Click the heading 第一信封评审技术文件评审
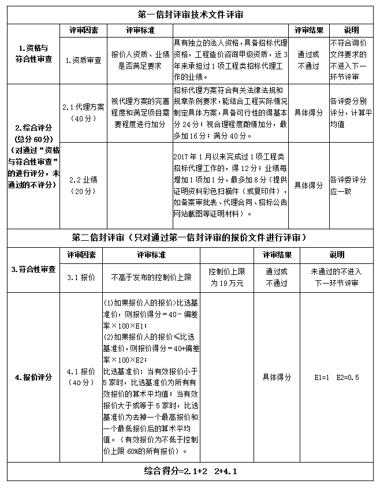coord(190,14)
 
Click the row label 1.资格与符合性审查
coord(32,54)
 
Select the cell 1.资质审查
coord(83,59)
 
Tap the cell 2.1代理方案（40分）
coord(83,113)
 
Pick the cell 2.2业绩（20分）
coord(83,185)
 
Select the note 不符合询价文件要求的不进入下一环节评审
coord(352,59)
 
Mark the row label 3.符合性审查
coord(33,269)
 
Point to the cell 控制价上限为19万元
coord(226,278)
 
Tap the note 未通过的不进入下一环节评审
coord(337,278)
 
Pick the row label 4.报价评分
coord(33,377)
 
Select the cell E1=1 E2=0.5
coord(337,377)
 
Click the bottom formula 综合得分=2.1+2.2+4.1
coord(190,472)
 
